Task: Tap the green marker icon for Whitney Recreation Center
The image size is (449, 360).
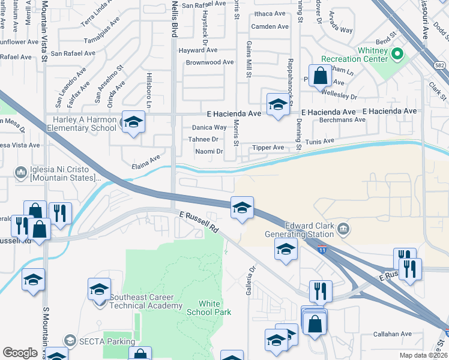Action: click(x=397, y=55)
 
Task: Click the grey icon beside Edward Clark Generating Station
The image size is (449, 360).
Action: click(x=343, y=228)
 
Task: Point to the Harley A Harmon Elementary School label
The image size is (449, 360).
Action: click(x=83, y=123)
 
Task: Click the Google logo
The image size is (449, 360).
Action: click(x=20, y=353)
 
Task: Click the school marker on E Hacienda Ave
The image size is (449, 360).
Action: click(x=277, y=106)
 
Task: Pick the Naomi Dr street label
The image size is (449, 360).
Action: click(x=208, y=152)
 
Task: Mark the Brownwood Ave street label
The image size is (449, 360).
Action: click(x=209, y=62)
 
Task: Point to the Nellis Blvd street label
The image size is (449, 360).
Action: click(x=174, y=18)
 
